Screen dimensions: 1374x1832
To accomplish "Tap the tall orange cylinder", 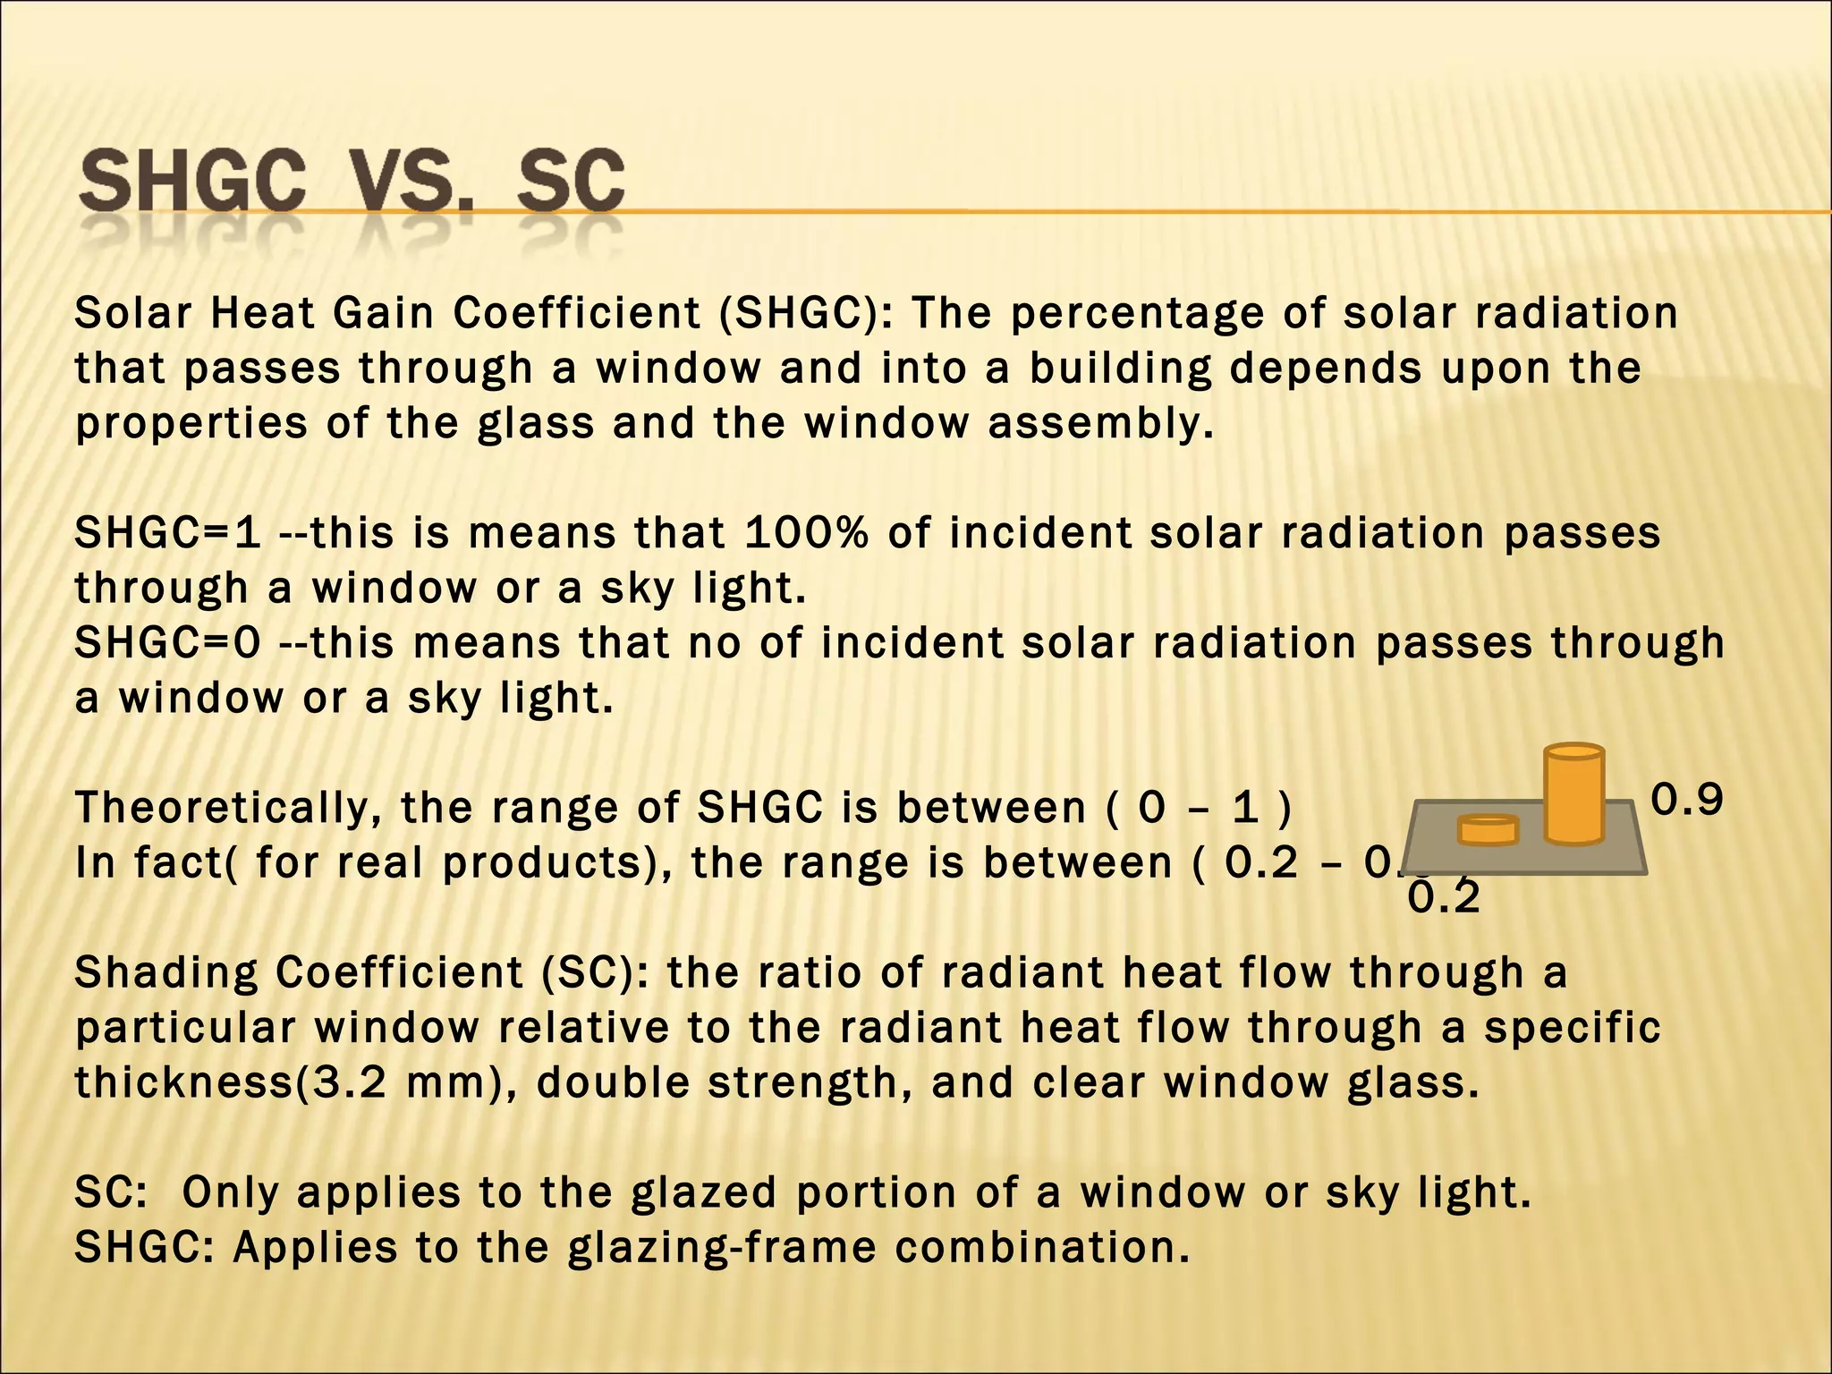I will click(x=1573, y=794).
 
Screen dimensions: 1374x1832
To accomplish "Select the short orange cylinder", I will click(x=1488, y=830).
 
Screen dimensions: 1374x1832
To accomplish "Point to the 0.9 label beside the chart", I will click(x=1686, y=800).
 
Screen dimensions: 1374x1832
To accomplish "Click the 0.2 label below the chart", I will click(x=1444, y=897).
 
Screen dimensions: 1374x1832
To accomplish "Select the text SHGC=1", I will click(x=167, y=533).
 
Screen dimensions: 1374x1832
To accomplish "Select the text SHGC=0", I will click(x=167, y=643).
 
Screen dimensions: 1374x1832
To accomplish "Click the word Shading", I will click(x=165, y=973).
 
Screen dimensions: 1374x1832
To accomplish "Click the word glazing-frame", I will click(x=722, y=1248).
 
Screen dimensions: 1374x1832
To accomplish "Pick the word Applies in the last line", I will click(x=315, y=1248).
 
